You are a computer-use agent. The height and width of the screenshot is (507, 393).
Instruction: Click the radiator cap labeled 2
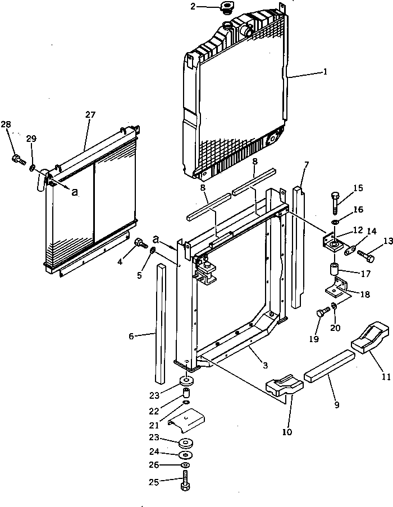pyautogui.click(x=227, y=9)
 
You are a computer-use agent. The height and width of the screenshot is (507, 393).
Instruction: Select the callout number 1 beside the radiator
pyautogui.click(x=325, y=72)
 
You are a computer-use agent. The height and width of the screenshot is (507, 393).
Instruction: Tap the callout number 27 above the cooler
pyautogui.click(x=90, y=114)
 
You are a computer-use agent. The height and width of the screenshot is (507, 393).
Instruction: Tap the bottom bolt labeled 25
pyautogui.click(x=186, y=482)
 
